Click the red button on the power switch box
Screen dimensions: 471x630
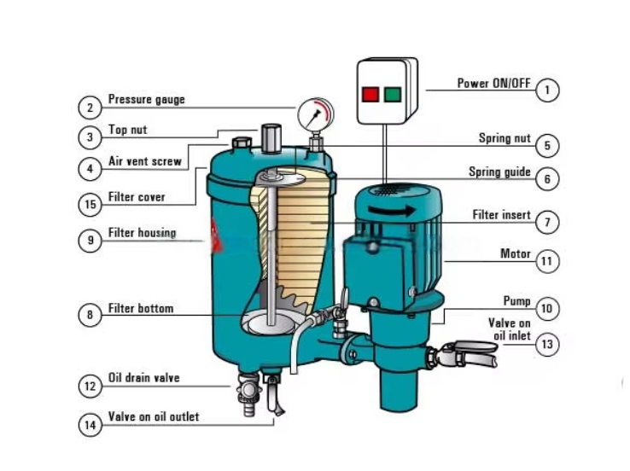coord(371,94)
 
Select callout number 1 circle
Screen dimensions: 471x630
coord(547,89)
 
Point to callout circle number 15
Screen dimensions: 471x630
coord(90,204)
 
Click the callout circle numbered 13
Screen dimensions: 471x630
coord(547,344)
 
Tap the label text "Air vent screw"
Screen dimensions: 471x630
coord(144,161)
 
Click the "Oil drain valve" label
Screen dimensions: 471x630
coord(143,377)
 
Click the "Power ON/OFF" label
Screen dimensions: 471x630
coord(494,84)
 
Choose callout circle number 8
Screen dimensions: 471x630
coord(90,315)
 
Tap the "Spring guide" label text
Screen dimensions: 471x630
coord(499,172)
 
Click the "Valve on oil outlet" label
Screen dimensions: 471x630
coord(153,416)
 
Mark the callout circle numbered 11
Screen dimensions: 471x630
coord(547,261)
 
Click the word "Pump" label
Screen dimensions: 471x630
coord(516,301)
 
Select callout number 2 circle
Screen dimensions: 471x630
coord(90,108)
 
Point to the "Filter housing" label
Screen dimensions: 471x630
coord(142,233)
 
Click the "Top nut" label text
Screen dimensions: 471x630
coord(128,131)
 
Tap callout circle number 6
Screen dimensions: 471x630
coord(547,179)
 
